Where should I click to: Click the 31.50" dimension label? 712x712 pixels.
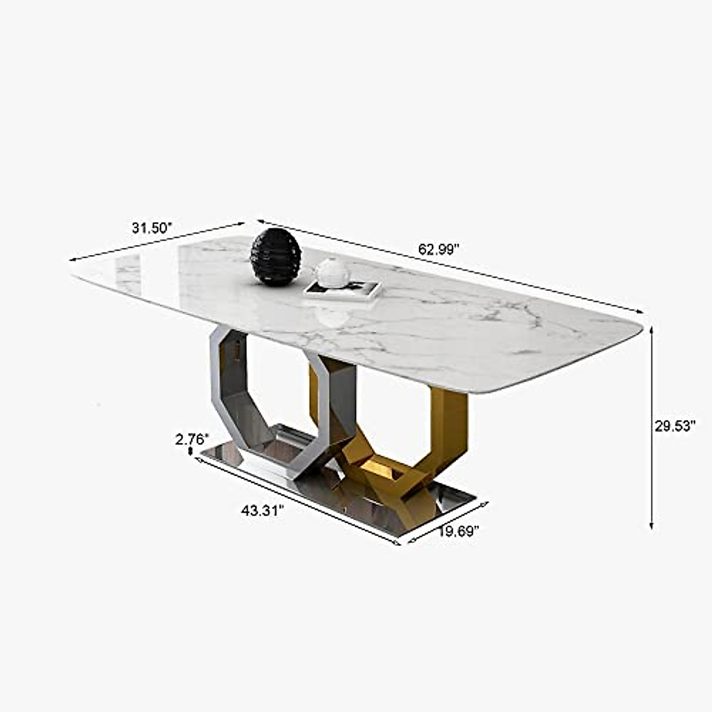coord(152,228)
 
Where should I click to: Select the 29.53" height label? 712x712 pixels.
coord(675,426)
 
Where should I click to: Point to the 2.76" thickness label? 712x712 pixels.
coord(192,440)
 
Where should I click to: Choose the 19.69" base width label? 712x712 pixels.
coord(459,531)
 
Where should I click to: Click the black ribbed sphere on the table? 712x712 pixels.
coord(276,258)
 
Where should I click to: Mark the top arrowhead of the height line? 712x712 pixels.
coord(651,328)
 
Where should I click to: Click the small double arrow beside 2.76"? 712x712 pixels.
coord(190,452)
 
